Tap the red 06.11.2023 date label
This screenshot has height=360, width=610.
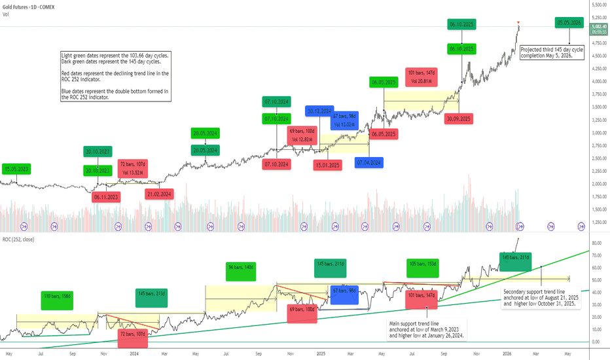(105, 196)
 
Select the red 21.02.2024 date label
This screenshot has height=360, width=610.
(159, 194)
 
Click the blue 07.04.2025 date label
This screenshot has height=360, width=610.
(368, 162)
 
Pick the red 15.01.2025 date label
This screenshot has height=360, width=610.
(327, 164)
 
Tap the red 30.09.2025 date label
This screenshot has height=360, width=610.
(458, 118)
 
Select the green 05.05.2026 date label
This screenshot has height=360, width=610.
(569, 22)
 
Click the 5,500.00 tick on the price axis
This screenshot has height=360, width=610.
(597, 5)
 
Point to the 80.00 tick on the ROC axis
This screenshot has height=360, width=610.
(596, 243)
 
